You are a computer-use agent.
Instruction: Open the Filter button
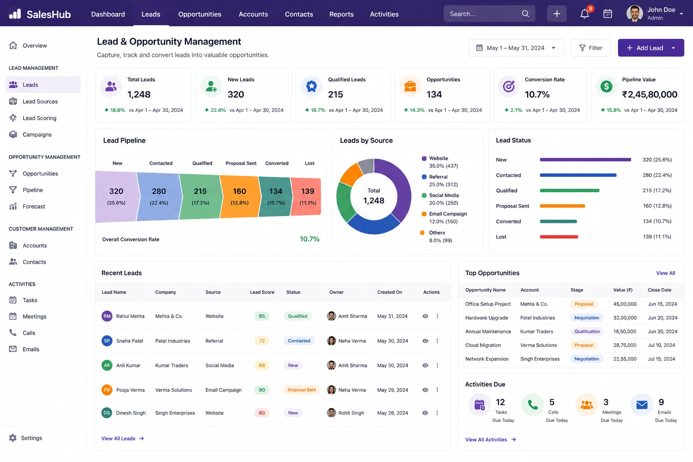(x=591, y=48)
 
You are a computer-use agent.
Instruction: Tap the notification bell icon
(x=584, y=14)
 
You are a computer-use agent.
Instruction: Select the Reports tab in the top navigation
(x=341, y=14)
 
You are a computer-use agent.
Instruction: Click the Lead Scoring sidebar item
(x=39, y=118)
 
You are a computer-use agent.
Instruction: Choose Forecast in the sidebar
(x=34, y=206)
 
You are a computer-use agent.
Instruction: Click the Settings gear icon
(x=13, y=438)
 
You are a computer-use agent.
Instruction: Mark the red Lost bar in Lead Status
(x=559, y=237)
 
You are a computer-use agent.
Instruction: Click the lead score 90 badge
(x=262, y=390)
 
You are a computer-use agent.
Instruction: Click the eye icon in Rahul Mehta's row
(x=425, y=316)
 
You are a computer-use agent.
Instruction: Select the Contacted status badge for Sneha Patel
(x=299, y=341)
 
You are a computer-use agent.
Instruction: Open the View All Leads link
(x=123, y=439)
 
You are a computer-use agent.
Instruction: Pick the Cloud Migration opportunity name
(x=483, y=345)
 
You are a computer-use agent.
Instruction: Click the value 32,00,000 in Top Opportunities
(x=624, y=318)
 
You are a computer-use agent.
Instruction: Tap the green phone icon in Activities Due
(x=532, y=404)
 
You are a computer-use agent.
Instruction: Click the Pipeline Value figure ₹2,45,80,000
(x=649, y=94)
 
